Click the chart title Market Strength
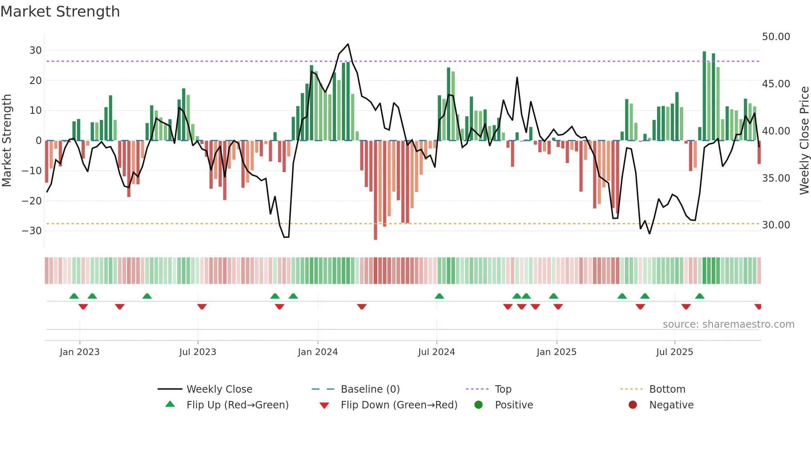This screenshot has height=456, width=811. point(60,11)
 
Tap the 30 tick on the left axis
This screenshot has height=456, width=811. point(35,50)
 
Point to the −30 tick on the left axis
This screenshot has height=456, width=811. point(32,231)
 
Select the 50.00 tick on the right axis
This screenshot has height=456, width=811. point(776,37)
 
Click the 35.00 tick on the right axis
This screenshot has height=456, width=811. point(776,178)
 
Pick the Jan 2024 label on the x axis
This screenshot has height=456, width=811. point(317,352)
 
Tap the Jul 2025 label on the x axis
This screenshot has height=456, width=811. point(674,352)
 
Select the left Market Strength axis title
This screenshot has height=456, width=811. point(7,141)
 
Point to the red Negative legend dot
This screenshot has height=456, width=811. point(632,405)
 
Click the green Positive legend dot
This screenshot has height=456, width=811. point(478,405)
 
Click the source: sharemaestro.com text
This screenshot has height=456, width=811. point(728,324)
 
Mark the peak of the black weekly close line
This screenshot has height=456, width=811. point(348,44)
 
